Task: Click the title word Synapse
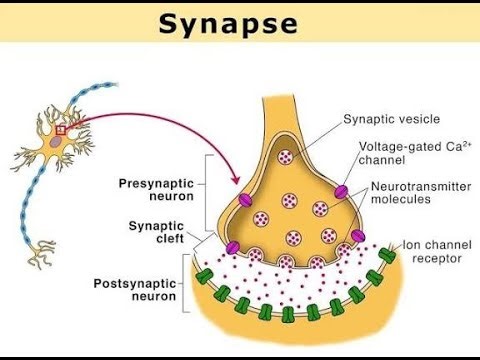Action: tap(239, 24)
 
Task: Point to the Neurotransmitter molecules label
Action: tap(413, 193)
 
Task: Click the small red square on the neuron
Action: tap(61, 129)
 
